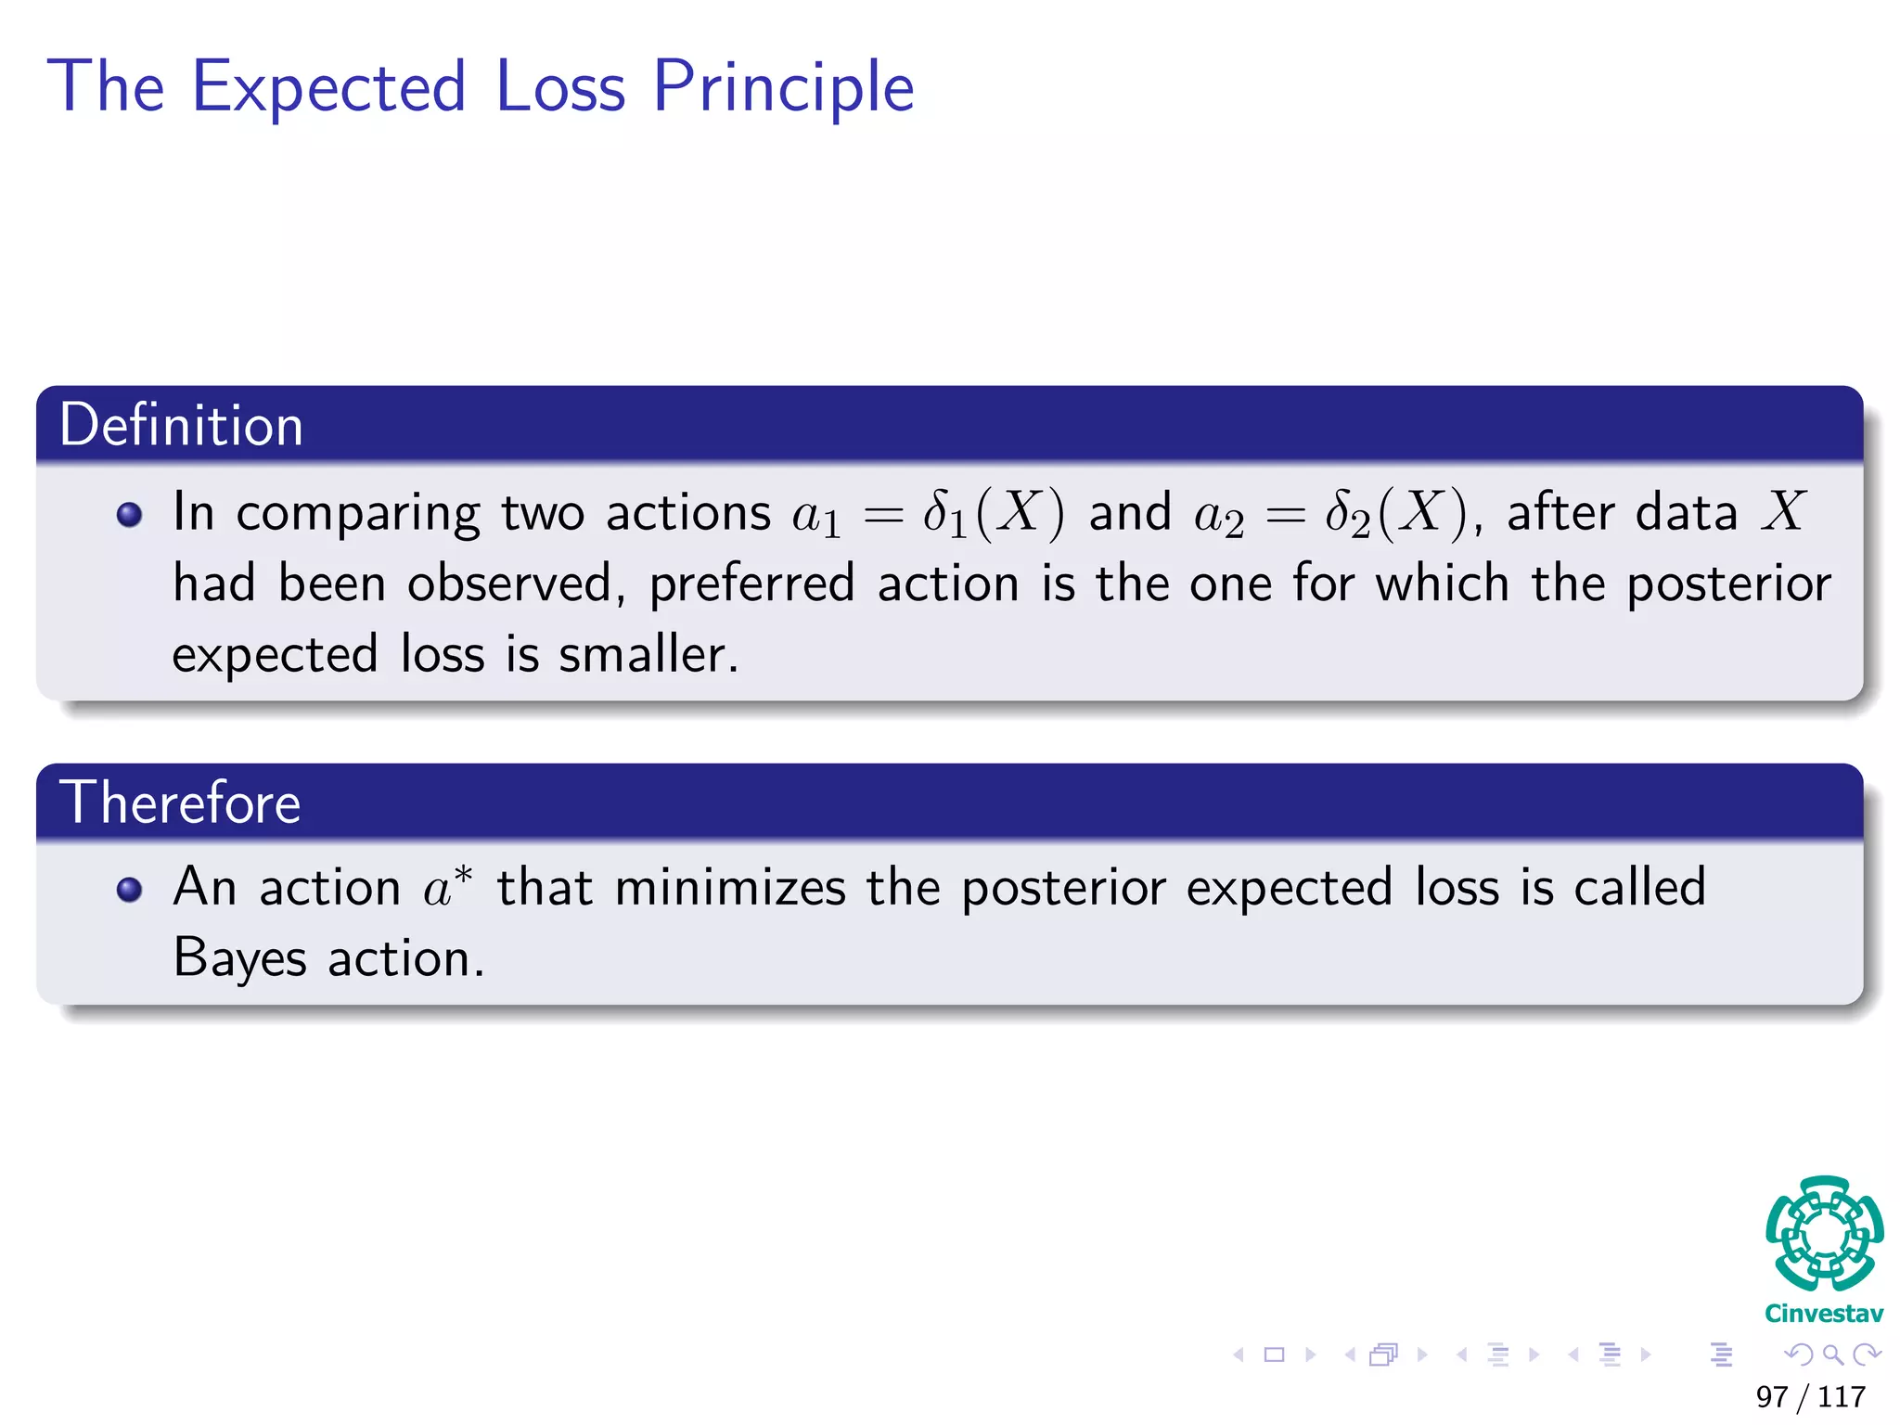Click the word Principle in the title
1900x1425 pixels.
[x=783, y=87]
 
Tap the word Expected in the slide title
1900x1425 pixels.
[x=328, y=87]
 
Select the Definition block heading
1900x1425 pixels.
[x=182, y=426]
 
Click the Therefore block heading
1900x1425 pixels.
[x=180, y=802]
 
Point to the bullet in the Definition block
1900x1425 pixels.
[x=130, y=515]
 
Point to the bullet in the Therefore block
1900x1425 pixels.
[x=130, y=891]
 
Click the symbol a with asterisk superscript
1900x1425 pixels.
[x=447, y=886]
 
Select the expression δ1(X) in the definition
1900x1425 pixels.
[x=993, y=513]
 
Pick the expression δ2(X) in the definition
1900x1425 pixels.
[x=1395, y=513]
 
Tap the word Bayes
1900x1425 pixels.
[x=239, y=958]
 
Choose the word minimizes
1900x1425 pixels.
[x=730, y=887]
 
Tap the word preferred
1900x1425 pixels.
[x=751, y=584]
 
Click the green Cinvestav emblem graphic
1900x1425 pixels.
[x=1824, y=1234]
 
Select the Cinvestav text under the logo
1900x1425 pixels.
[x=1824, y=1314]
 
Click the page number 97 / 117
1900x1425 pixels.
[x=1810, y=1396]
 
